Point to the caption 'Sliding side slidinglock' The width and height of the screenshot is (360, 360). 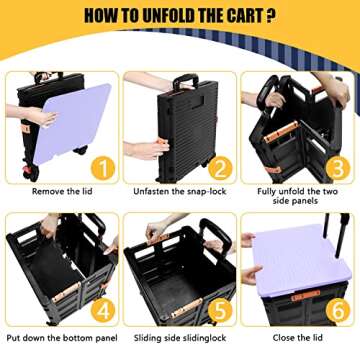click(x=179, y=337)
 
